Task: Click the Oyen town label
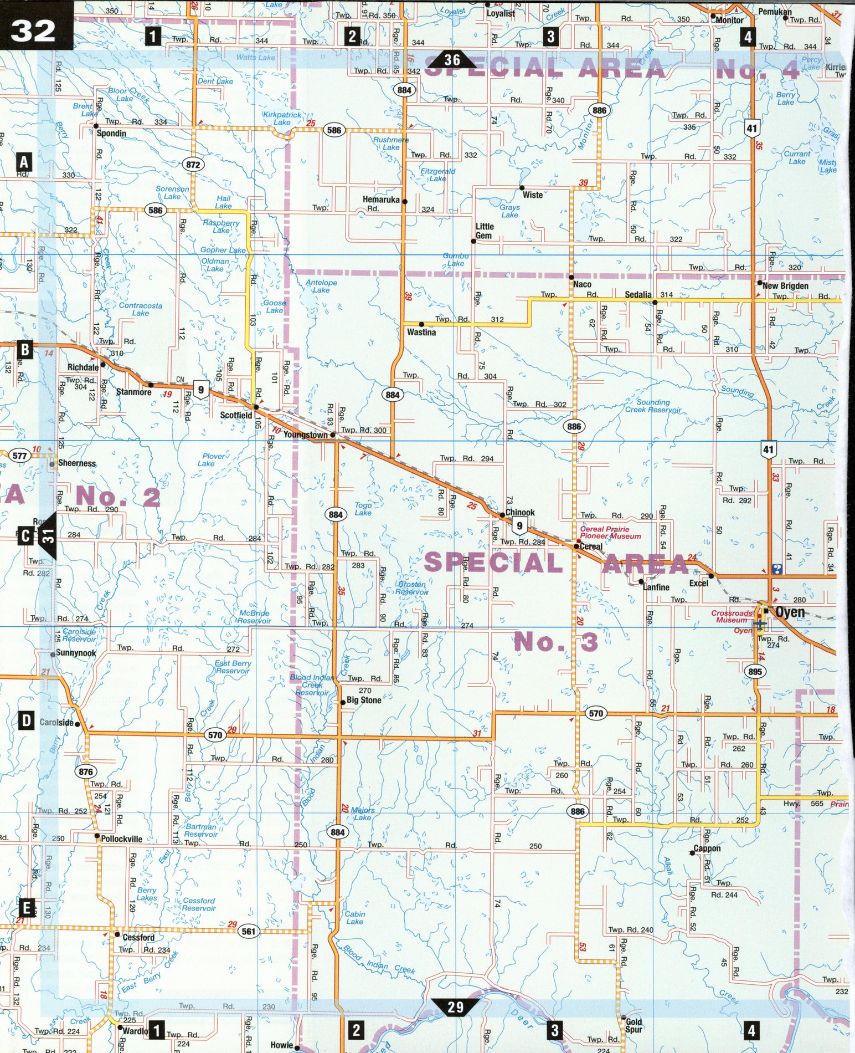coord(790,612)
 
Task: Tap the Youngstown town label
coord(305,435)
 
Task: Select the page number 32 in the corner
coord(33,30)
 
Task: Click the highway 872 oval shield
coord(193,165)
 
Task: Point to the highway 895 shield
coord(755,672)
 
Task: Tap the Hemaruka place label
coord(381,200)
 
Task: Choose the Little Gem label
coord(485,231)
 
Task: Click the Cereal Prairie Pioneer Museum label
coord(610,533)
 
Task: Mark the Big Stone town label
coord(364,700)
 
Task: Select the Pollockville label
coord(121,839)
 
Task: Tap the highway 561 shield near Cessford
coord(249,932)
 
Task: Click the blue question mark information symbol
coord(776,569)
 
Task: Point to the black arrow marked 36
coord(452,60)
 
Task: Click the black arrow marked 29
coord(455,1007)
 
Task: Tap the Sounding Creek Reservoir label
coord(653,406)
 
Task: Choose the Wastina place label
coord(421,333)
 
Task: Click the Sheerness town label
coord(77,463)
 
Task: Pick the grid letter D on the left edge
coord(26,721)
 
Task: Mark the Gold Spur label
coord(633,1026)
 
